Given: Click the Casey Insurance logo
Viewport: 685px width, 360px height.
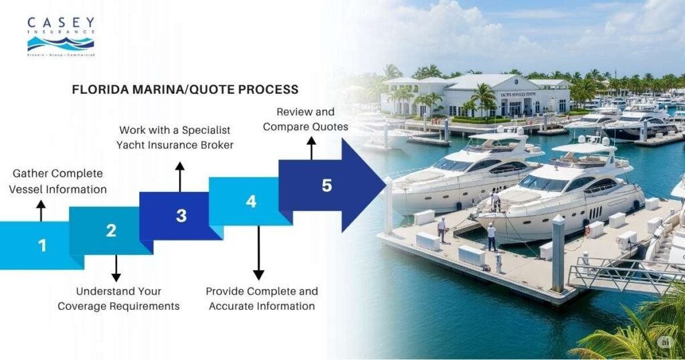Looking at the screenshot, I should coord(61,37).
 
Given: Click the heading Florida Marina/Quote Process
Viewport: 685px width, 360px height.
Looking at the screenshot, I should coord(185,89).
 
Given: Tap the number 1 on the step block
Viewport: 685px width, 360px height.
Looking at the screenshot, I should coord(42,246).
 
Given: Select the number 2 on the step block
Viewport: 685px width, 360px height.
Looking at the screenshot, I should coord(111,231).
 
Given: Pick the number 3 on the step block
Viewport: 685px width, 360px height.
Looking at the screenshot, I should coord(181,215).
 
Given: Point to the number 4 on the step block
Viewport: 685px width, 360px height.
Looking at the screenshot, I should coord(251,201).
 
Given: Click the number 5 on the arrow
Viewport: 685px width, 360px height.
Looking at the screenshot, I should coord(326,186).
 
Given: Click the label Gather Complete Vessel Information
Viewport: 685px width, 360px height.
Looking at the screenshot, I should coord(58,181).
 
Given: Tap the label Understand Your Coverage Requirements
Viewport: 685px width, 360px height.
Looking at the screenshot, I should coord(118,299).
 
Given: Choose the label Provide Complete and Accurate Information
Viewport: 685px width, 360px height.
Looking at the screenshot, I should coord(262,299).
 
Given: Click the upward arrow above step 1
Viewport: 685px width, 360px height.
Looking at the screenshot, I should coord(41,210).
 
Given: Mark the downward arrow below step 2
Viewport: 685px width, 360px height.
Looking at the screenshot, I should coord(116,268).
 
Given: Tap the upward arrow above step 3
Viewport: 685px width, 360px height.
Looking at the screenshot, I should coord(179,175).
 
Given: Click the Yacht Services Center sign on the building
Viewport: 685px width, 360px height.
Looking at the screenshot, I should coord(518,94).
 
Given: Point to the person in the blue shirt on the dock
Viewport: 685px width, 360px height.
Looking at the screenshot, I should coord(491,236).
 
